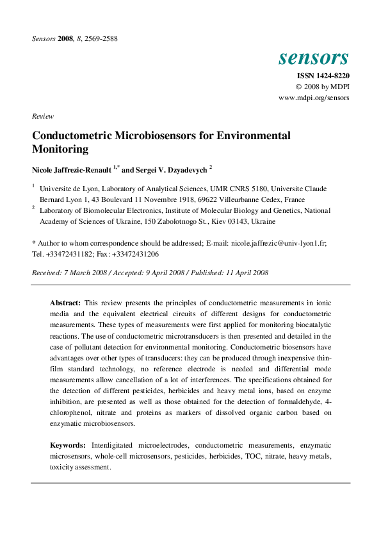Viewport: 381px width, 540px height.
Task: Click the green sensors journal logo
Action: [313, 58]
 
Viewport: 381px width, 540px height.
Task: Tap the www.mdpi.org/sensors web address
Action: [314, 98]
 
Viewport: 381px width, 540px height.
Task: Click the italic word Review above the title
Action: [42, 116]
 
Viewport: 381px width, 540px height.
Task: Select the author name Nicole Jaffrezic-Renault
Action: [72, 170]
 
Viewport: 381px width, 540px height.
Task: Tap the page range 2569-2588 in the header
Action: [100, 38]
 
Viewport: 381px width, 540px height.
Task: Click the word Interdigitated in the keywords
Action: [118, 444]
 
